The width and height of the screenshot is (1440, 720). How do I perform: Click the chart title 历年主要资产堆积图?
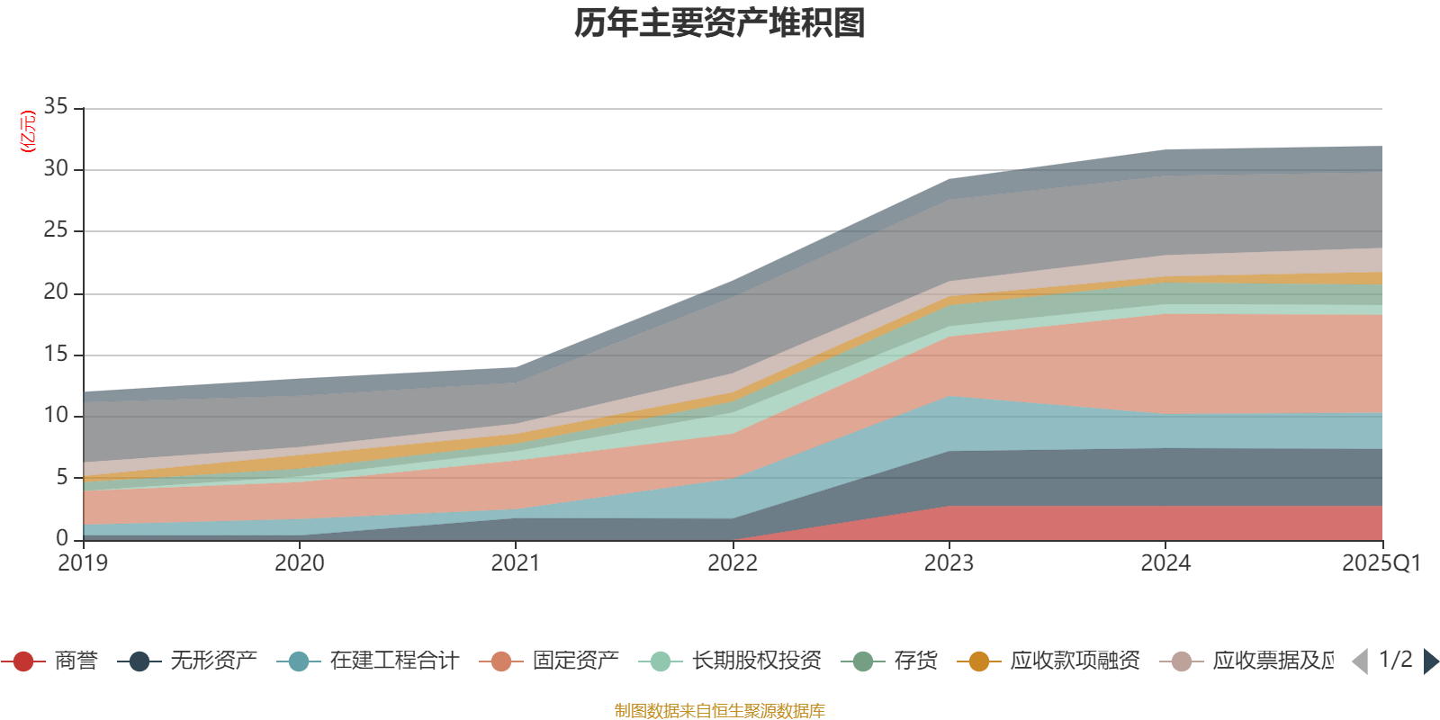click(720, 23)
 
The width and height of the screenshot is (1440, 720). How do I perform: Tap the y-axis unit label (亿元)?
click(28, 131)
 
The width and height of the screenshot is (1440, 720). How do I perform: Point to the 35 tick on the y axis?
click(56, 107)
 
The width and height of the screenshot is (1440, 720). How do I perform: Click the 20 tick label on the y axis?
click(56, 292)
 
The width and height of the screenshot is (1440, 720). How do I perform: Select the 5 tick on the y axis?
click(62, 477)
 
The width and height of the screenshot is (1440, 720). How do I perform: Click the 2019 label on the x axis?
click(83, 563)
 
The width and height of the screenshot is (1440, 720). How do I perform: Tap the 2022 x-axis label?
click(733, 563)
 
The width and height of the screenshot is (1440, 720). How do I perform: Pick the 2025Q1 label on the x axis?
click(1381, 563)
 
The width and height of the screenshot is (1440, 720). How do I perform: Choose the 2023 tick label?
click(949, 563)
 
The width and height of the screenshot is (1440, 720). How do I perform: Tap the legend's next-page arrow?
click(1431, 661)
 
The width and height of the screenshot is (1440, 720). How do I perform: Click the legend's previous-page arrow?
click(1360, 661)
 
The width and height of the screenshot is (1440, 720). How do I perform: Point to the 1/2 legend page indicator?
click(1396, 660)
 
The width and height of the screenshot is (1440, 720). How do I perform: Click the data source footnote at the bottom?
click(720, 711)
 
